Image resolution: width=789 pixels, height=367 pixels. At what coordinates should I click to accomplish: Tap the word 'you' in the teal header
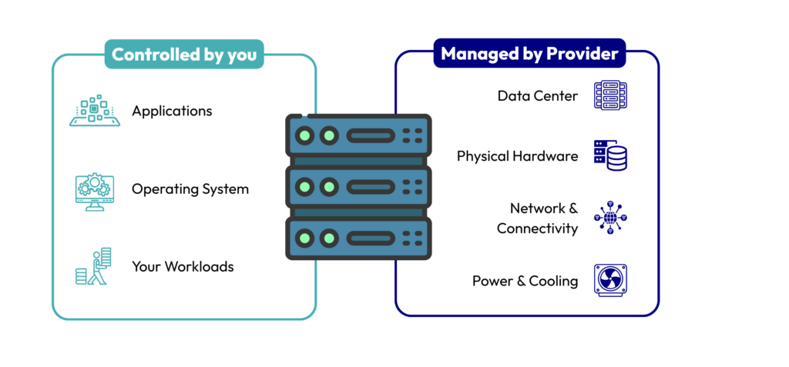[x=242, y=55]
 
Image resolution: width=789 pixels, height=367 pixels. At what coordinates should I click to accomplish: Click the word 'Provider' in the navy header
[x=586, y=54]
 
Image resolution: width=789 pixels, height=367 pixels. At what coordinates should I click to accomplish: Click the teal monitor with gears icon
[x=95, y=191]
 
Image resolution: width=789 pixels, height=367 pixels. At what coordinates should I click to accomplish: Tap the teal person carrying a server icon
[x=94, y=266]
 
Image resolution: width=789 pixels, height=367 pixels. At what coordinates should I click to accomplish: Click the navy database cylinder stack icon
[x=610, y=155]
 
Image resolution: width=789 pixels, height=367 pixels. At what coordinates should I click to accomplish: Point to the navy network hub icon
[x=610, y=218]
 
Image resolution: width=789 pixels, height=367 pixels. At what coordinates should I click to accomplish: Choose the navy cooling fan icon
[x=610, y=280]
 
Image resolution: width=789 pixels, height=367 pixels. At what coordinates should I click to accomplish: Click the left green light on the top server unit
[x=305, y=136]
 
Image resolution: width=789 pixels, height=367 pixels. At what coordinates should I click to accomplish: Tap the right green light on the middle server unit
[x=329, y=186]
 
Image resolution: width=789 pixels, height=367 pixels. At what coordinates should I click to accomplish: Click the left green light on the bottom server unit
[x=305, y=237]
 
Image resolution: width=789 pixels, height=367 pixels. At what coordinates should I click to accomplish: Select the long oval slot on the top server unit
[x=371, y=136]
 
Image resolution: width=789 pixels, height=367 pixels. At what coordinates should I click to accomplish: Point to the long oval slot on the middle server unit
[x=371, y=186]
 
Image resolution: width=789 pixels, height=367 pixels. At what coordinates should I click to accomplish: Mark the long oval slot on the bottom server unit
[x=371, y=237]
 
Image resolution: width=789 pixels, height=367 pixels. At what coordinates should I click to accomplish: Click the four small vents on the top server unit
[x=413, y=136]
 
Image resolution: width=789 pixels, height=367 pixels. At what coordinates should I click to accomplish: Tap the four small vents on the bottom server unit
[x=413, y=237]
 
